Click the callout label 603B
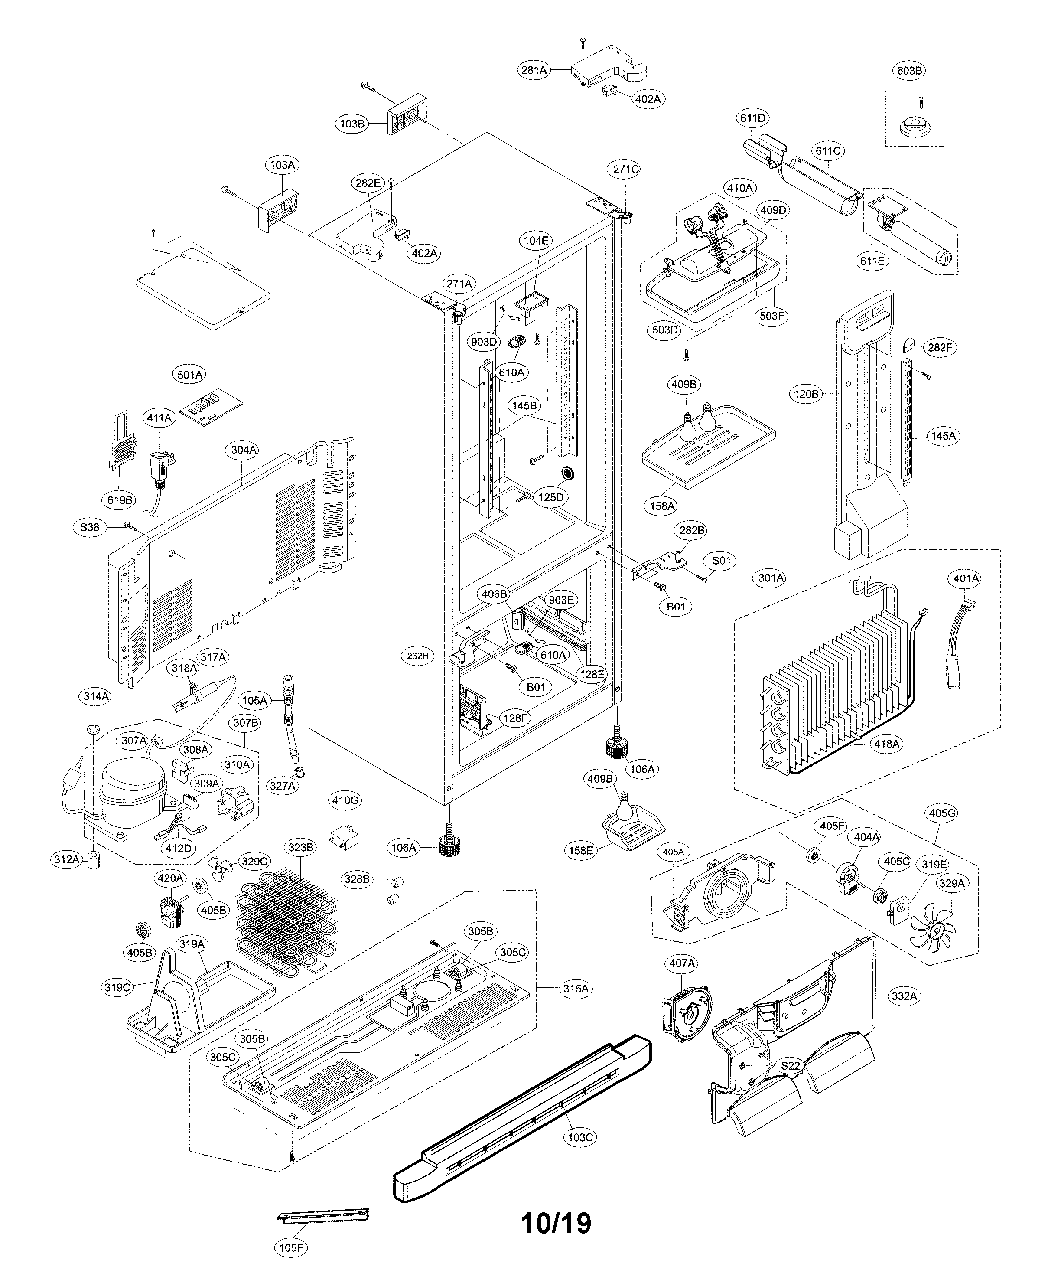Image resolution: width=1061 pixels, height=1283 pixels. coord(908,71)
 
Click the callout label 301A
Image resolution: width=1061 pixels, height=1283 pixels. coord(771,578)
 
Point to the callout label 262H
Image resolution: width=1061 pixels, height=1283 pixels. coord(418,656)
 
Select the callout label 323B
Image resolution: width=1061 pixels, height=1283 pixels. coord(300,848)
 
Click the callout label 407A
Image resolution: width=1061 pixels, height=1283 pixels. coord(682,963)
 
